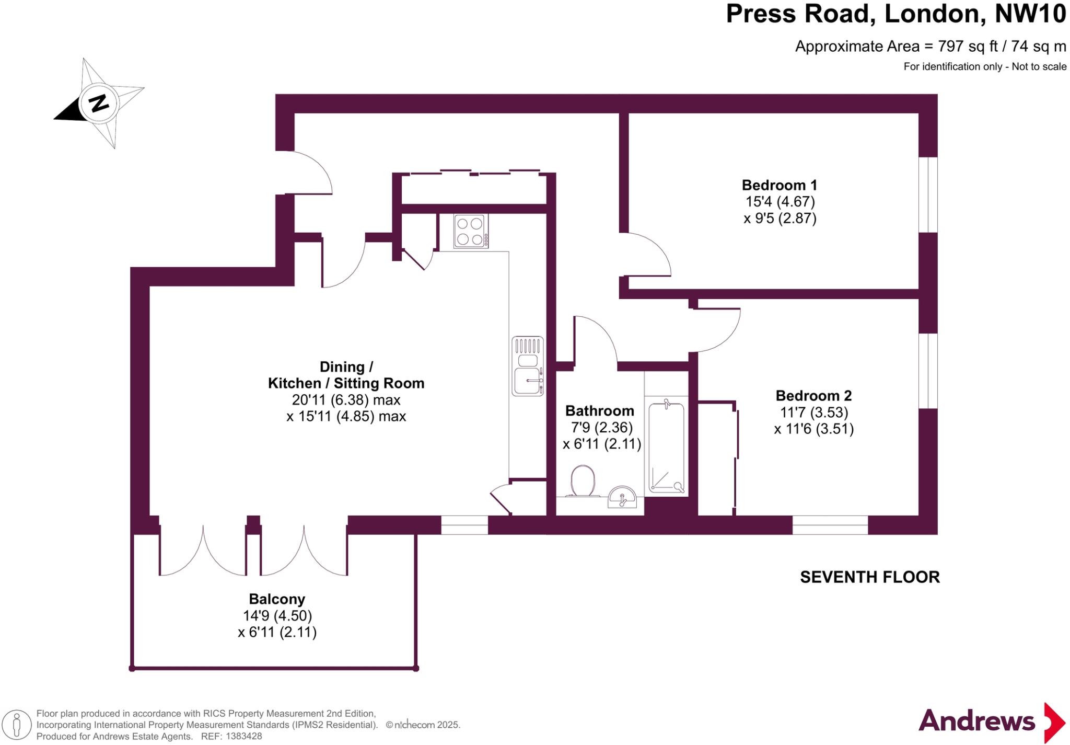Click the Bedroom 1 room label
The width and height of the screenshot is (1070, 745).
779,185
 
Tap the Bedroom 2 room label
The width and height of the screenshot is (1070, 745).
813,396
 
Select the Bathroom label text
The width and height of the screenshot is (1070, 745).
600,411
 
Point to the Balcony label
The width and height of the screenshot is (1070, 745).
277,599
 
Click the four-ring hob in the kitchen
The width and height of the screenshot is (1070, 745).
470,231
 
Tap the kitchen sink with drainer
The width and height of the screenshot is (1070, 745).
528,366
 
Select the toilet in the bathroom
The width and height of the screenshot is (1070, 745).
583,481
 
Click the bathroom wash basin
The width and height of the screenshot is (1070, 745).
622,497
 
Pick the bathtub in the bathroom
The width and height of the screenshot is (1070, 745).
666,448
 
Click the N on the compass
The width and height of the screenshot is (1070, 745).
98,102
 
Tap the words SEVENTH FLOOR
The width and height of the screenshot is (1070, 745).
870,577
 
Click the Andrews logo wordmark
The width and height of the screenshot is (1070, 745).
976,721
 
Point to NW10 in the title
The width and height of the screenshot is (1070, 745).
1030,14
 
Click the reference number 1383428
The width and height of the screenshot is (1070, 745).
242,737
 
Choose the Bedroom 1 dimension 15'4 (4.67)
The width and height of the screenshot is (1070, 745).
780,202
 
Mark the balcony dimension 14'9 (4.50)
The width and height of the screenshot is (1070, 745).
277,616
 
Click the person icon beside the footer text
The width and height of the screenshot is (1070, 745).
17,726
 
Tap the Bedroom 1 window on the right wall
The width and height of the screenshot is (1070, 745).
928,194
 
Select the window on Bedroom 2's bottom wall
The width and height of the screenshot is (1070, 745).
830,525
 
